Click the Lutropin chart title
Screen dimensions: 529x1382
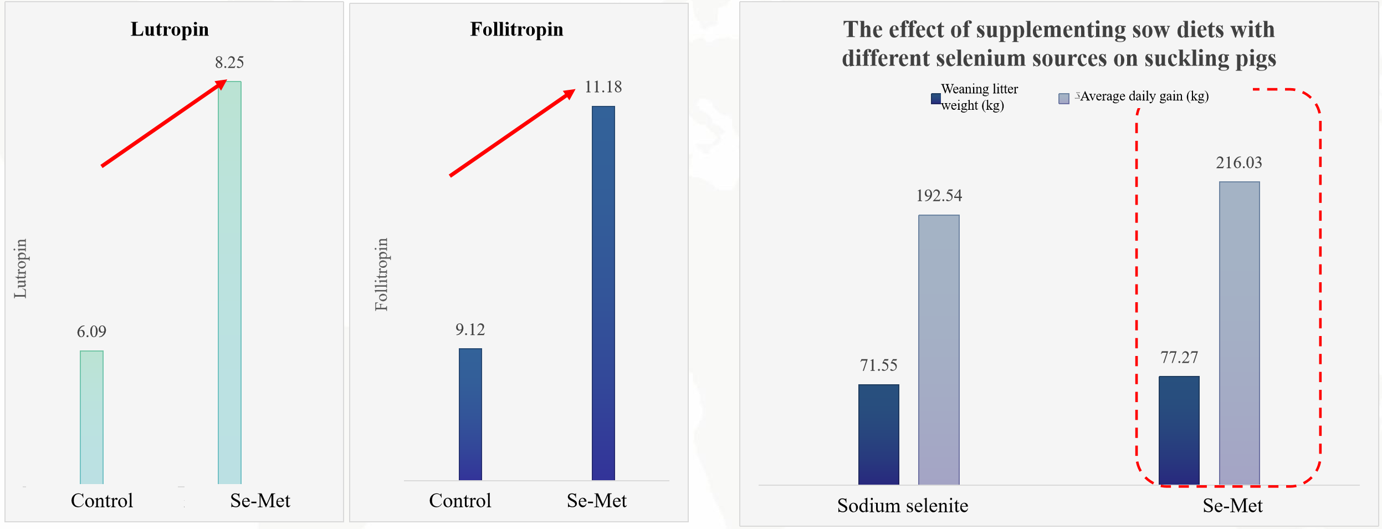tap(170, 29)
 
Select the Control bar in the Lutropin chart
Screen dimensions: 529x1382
tap(91, 417)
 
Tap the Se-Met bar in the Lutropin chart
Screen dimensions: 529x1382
tap(229, 283)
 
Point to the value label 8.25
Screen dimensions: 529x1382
tap(229, 62)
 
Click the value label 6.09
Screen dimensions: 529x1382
tap(91, 332)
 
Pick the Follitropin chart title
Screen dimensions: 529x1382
tap(516, 29)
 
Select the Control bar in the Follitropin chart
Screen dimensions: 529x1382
tap(470, 414)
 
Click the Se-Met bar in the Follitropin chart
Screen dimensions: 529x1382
tap(603, 293)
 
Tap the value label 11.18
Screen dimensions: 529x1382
tap(603, 87)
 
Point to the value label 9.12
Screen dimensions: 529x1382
tap(470, 330)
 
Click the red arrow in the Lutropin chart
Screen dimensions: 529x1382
tap(164, 123)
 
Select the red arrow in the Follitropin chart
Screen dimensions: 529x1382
tap(512, 133)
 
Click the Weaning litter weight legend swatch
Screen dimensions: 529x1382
tap(936, 99)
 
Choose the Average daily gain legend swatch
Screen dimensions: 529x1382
tap(1064, 99)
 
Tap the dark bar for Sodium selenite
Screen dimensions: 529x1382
tap(879, 434)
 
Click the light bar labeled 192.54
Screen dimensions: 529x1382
tap(939, 349)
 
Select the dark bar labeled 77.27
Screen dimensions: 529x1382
tap(1179, 430)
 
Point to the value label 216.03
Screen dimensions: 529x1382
tap(1239, 162)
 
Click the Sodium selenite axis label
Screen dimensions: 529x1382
tap(903, 506)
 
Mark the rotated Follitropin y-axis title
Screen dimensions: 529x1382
tap(381, 274)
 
